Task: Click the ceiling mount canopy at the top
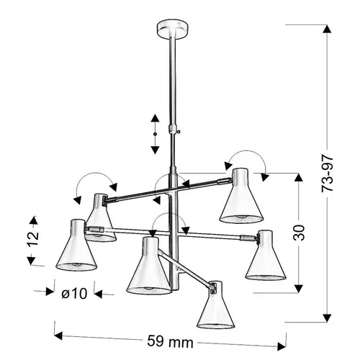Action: point(172,29)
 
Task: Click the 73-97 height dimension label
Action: point(328,174)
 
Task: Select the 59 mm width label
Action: point(170,341)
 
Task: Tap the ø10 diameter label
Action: point(74,293)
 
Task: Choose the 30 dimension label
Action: point(299,233)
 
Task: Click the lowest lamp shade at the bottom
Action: point(215,305)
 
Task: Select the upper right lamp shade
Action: point(241,195)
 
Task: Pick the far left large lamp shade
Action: point(76,246)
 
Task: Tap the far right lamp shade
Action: point(266,256)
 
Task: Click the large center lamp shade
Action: point(149,266)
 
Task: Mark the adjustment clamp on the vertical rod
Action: point(173,129)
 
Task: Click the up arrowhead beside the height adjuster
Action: point(155,118)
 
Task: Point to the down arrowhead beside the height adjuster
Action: point(155,150)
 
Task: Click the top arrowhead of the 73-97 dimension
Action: point(327,29)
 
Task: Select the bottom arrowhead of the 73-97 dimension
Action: point(327,318)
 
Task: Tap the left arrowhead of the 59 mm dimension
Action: point(59,336)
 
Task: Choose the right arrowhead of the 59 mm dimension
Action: point(282,346)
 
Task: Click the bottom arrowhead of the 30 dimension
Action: point(299,289)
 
